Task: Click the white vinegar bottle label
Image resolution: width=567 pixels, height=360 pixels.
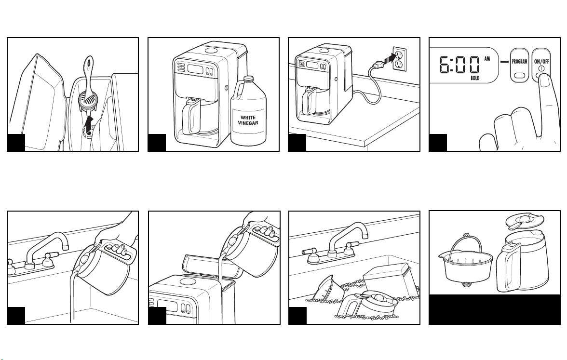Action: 248,120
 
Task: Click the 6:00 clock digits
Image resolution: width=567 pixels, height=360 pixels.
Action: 459,65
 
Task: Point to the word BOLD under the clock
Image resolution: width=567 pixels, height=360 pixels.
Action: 475,78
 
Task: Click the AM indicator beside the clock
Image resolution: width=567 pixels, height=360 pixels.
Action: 487,59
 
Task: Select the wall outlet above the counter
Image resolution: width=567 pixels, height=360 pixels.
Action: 399,58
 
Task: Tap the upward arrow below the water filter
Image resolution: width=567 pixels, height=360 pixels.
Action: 88,126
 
